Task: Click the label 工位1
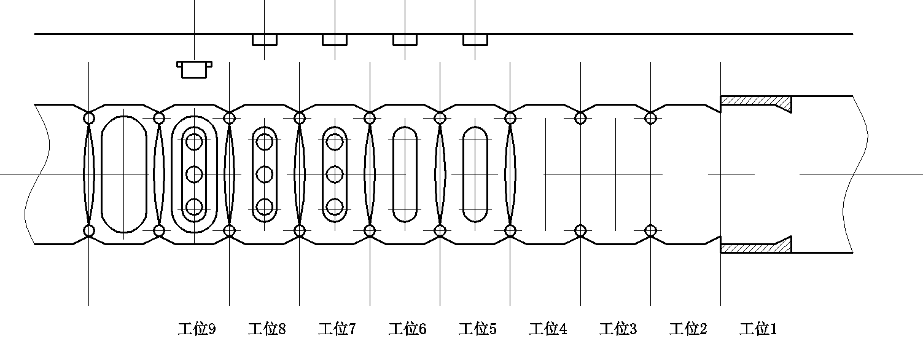[758, 329]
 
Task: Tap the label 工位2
[688, 329]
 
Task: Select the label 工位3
[618, 329]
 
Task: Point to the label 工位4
[548, 329]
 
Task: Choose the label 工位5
[478, 329]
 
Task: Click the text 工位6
[408, 329]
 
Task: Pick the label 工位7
[337, 329]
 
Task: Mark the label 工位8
[267, 329]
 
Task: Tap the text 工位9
[197, 329]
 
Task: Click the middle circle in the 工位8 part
[265, 174]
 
